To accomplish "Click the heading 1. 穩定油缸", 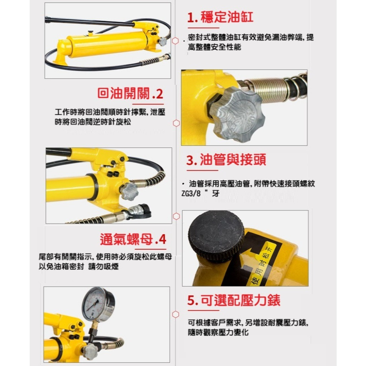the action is tap(220, 17).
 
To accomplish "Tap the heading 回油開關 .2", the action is tap(130, 94).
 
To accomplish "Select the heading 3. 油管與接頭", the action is tap(226, 160).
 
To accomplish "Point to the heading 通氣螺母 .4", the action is tap(133, 239).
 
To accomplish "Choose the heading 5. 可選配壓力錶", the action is tap(234, 300).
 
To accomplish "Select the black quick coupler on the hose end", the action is tap(141, 212).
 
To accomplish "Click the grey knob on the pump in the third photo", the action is tap(129, 191).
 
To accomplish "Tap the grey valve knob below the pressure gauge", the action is tap(90, 351).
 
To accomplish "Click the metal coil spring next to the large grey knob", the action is tap(268, 90).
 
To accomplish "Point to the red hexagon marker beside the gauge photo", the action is tap(176, 314).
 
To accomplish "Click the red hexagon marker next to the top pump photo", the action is tap(176, 41).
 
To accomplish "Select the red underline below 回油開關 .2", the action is tap(148, 104).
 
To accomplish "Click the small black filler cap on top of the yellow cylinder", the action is tap(90, 33).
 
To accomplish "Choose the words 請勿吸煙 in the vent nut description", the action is tap(104, 266).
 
